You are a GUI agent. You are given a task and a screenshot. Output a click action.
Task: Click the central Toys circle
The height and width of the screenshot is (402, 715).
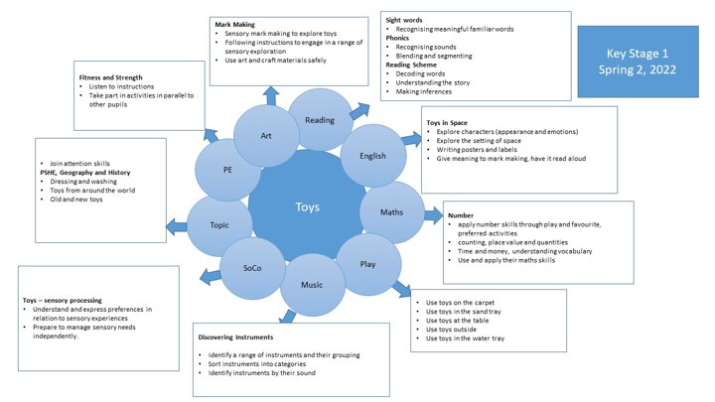pyautogui.click(x=308, y=206)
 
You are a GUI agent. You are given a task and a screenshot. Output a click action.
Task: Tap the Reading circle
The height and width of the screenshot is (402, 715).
pyautogui.click(x=319, y=119)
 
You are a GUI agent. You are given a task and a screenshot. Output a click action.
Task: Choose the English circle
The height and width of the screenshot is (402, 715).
pyautogui.click(x=373, y=154)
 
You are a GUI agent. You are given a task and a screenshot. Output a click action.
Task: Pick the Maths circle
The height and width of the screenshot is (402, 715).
pyautogui.click(x=390, y=211)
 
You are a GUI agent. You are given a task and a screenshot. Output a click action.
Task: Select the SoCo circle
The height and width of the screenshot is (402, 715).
pyautogui.click(x=253, y=268)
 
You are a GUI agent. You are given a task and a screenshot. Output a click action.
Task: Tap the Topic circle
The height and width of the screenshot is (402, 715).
pyautogui.click(x=218, y=224)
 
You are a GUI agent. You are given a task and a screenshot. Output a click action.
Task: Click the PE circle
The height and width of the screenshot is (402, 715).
pyautogui.click(x=227, y=170)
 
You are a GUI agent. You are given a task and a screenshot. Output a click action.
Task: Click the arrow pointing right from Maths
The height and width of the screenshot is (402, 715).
pyautogui.click(x=435, y=214)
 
